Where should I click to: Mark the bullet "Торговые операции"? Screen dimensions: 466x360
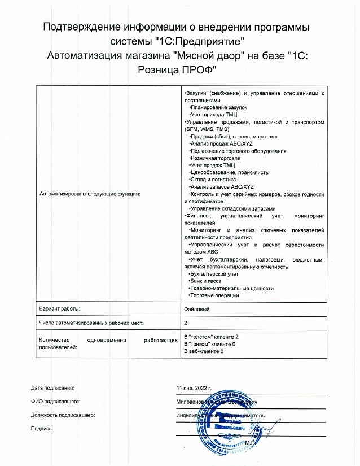[x=215, y=295]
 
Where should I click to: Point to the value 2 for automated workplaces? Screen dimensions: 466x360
[x=186, y=323]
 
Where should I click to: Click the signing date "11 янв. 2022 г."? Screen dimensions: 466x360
[x=194, y=389]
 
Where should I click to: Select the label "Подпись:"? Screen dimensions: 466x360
[x=42, y=429]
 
